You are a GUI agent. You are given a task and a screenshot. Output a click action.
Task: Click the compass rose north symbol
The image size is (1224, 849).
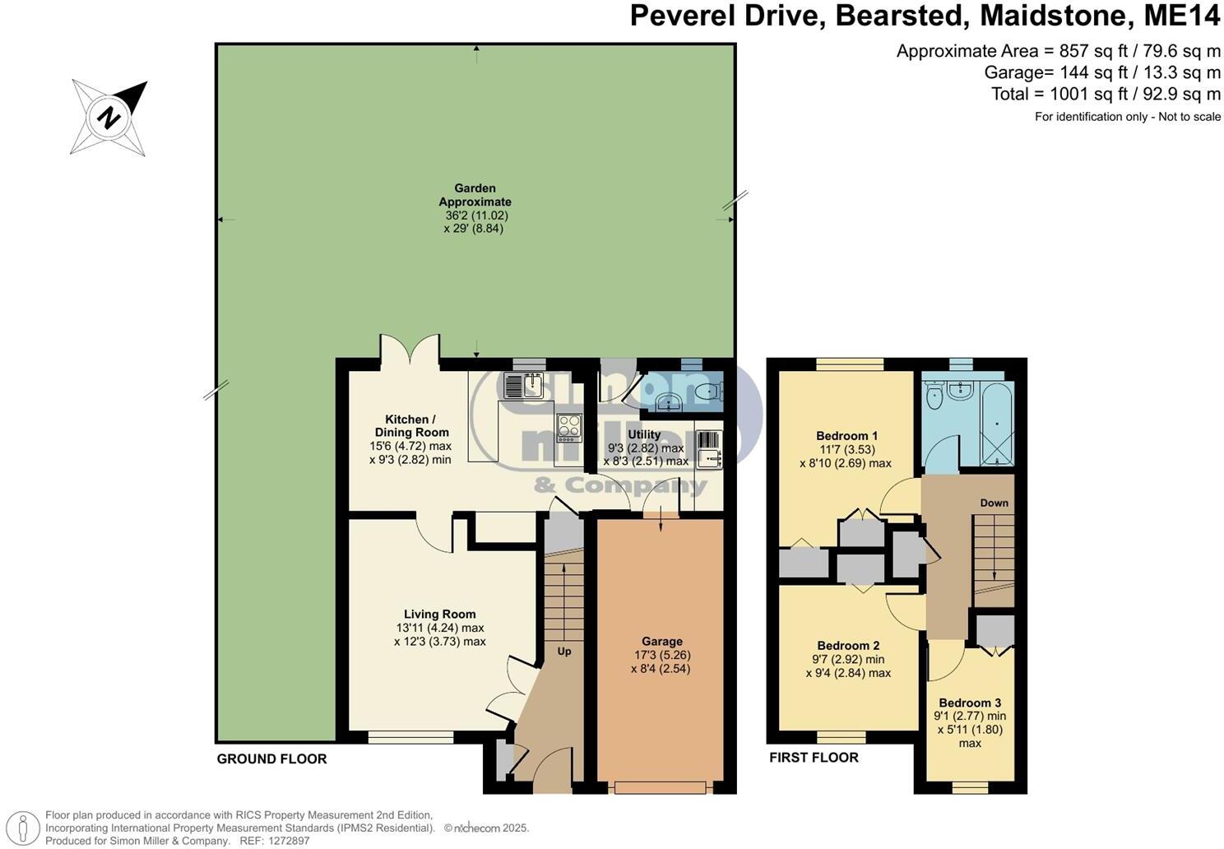tap(109, 118)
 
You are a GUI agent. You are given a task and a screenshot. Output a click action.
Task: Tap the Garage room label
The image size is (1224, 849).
tap(661, 642)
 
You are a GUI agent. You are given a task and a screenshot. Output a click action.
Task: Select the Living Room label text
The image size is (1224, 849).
tap(439, 614)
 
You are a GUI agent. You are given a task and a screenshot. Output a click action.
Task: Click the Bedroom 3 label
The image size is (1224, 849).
tap(970, 703)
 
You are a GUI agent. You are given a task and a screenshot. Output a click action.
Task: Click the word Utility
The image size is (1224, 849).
tap(644, 434)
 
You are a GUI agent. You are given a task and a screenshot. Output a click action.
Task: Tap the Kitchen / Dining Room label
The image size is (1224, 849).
tap(411, 425)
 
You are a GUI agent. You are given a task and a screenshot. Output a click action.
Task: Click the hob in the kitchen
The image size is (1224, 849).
tap(568, 426)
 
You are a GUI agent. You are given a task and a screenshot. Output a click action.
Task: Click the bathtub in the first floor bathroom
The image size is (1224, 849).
tap(997, 421)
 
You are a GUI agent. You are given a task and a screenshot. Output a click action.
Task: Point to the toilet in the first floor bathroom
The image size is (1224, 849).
tap(934, 398)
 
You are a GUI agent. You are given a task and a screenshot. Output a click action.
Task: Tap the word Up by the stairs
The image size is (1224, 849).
tap(564, 651)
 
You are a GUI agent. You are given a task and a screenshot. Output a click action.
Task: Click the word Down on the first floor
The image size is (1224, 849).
tap(994, 503)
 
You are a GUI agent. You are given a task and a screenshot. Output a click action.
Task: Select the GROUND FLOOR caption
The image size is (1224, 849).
tap(271, 759)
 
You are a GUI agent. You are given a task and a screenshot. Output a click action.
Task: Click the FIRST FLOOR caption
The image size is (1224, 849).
tap(814, 758)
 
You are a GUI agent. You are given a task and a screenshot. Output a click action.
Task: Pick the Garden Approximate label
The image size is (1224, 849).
tap(475, 195)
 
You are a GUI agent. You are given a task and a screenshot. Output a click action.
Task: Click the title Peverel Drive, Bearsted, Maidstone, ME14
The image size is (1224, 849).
tap(925, 16)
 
